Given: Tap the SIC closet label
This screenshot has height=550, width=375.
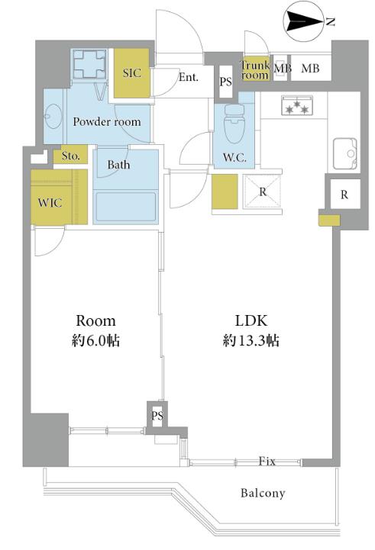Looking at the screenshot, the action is [131, 73].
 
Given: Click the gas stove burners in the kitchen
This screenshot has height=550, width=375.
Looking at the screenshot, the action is [297, 105].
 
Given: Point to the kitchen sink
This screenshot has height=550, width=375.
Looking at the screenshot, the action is [345, 153].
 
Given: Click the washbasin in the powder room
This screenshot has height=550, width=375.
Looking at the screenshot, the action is [53, 116].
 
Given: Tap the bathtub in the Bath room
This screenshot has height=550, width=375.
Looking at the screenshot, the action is [126, 207].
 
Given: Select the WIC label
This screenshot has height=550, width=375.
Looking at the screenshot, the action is [50, 202].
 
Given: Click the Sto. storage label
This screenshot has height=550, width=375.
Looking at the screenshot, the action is [70, 156].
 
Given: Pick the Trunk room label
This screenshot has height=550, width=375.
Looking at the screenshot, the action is [255, 70].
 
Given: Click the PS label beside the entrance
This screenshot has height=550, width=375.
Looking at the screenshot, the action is [226, 82].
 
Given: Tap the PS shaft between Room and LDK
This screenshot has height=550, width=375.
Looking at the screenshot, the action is [157, 416].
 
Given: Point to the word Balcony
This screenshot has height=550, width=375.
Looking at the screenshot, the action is [263, 494].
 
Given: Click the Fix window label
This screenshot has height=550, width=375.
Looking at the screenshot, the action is [267, 461].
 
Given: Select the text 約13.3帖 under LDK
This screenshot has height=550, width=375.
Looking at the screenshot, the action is [251, 340].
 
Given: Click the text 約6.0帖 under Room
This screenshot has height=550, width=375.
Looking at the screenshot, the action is [95, 340].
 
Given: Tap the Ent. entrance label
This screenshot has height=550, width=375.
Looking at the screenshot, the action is [189, 77].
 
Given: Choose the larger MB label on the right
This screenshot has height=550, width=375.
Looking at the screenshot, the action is [310, 69].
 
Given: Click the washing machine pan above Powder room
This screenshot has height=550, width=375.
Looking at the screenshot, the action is [90, 64].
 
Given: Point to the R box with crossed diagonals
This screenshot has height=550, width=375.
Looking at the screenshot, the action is [263, 191].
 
